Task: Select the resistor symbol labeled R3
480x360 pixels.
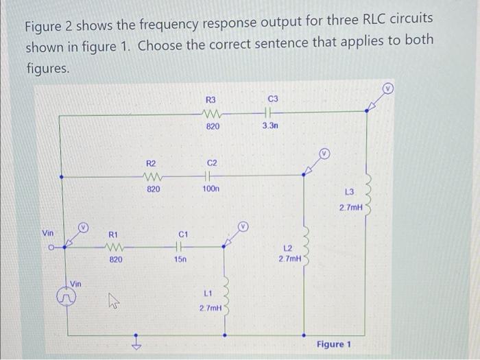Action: [211, 115]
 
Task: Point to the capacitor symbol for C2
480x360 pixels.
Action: [212, 175]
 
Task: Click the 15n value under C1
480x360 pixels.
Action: [180, 260]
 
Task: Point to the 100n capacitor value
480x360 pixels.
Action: [212, 188]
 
